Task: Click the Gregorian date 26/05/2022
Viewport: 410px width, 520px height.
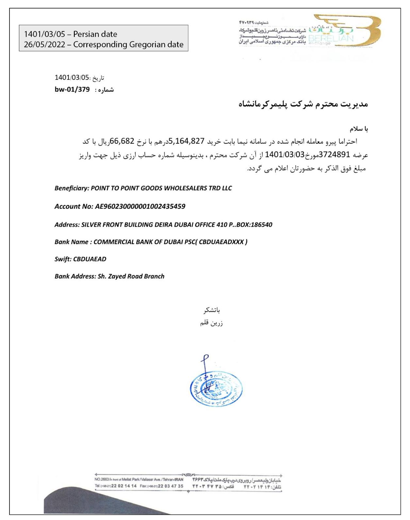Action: (44, 44)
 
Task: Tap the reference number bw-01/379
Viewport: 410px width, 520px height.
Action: (72, 89)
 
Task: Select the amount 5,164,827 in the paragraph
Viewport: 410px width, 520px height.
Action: (187, 141)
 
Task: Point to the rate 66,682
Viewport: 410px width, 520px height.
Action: (122, 141)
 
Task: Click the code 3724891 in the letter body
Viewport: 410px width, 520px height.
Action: (334, 154)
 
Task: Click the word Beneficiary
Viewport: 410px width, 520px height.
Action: (71, 188)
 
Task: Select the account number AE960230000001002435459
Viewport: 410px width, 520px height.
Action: (140, 206)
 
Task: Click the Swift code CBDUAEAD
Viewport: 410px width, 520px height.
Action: (90, 259)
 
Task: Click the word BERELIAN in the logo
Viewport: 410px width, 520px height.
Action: (331, 38)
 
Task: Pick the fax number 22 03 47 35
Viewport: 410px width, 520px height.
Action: (171, 486)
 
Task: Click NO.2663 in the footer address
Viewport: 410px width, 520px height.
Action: (102, 479)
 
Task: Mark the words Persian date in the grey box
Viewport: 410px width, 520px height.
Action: (95, 34)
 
